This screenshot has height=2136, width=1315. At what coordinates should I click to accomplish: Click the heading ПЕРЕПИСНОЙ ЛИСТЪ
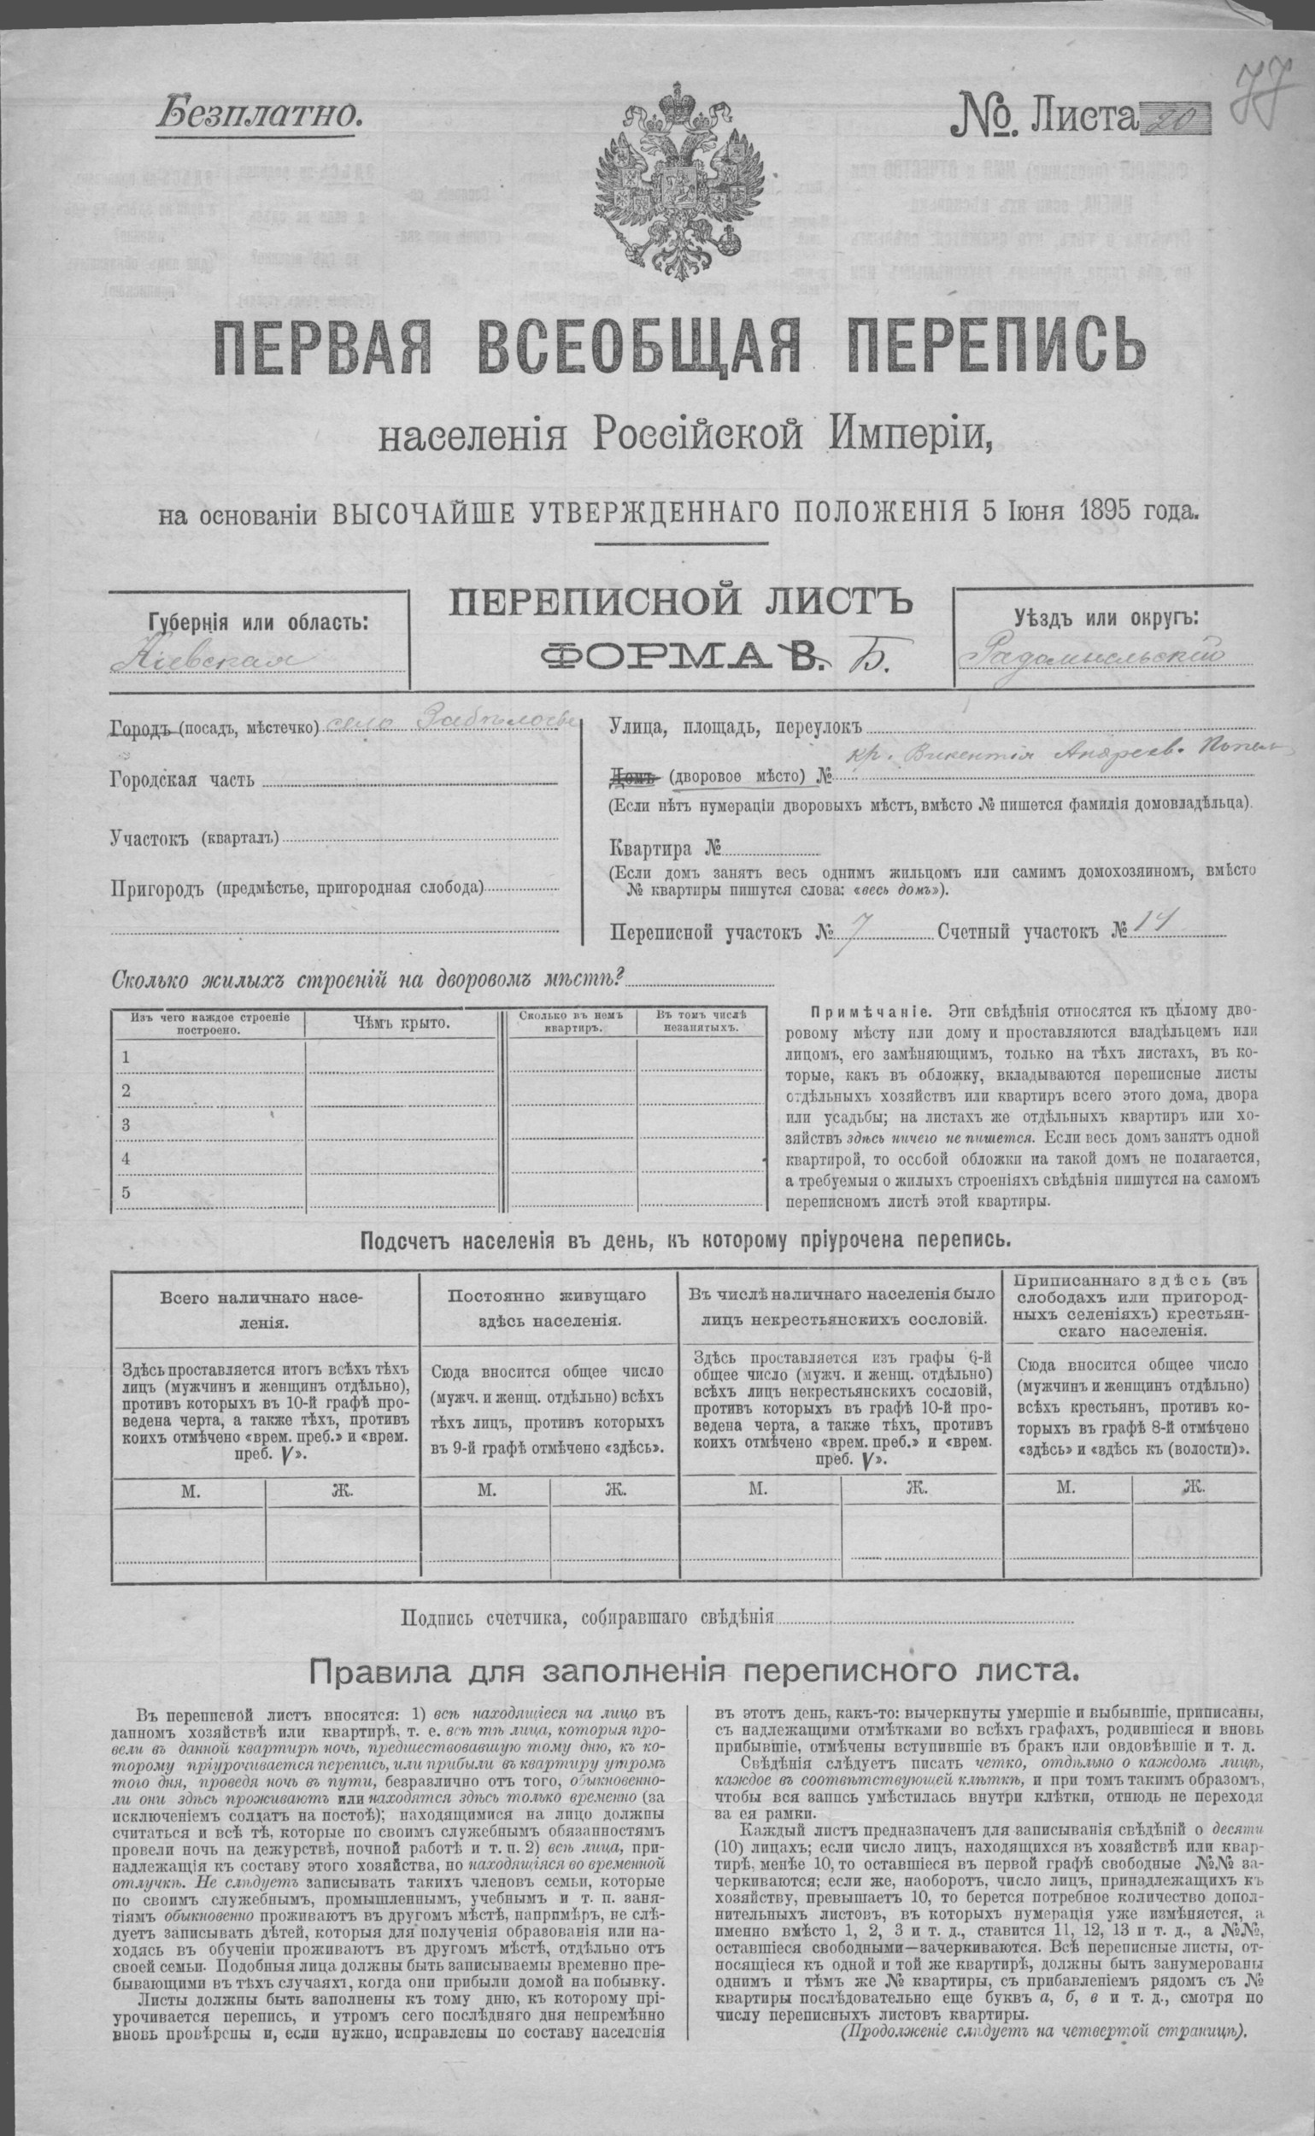point(680,603)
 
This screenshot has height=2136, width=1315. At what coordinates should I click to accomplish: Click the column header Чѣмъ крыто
point(401,1023)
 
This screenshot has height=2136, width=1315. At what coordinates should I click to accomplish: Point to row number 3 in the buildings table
point(127,1124)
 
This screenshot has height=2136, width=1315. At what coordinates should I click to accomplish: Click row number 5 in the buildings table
point(127,1192)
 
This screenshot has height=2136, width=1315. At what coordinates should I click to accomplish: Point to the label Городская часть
point(184,779)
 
